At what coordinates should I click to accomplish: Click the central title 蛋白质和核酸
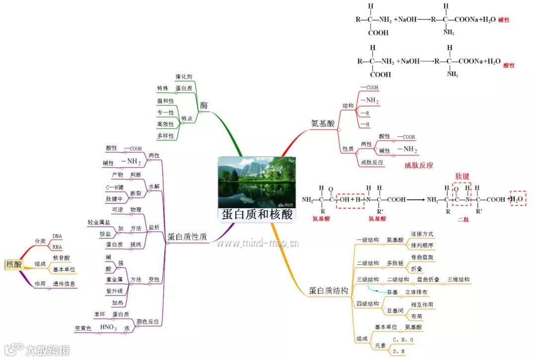point(257,214)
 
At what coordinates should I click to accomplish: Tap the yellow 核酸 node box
point(14,264)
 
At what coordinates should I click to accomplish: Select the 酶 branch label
point(203,106)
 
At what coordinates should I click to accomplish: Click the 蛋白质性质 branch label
point(187,237)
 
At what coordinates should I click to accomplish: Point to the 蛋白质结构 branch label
point(328,291)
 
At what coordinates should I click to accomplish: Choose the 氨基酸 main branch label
point(323,123)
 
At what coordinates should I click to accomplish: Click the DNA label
point(57,236)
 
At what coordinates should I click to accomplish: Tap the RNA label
point(57,247)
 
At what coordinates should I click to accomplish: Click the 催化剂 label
point(184,77)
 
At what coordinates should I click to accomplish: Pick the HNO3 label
point(108,328)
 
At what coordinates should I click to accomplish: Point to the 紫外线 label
point(115,291)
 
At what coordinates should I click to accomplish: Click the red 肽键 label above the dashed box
point(462,176)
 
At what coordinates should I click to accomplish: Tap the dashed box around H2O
point(518,199)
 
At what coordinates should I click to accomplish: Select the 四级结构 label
point(368,304)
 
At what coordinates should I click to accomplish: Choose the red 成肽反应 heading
point(418,166)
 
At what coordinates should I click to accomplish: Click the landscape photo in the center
point(257,181)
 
